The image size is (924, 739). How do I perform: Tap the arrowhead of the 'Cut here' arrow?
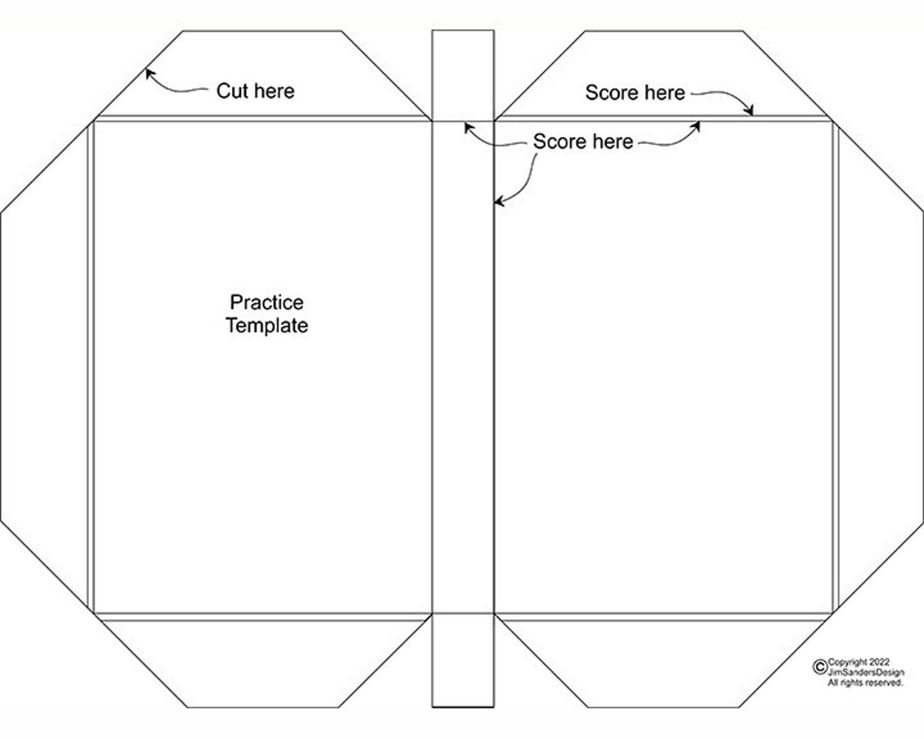(x=150, y=73)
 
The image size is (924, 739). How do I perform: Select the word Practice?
(x=266, y=303)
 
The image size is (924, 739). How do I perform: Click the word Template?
(x=266, y=325)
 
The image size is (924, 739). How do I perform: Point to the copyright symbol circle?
(x=820, y=667)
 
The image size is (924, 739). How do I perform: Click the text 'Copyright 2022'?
(x=859, y=662)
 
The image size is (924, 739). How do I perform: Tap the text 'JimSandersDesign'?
(x=866, y=672)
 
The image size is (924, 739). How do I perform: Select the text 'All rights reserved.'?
(x=865, y=683)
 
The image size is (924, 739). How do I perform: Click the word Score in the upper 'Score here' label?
(x=613, y=93)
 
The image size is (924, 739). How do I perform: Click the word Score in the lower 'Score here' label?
(x=560, y=142)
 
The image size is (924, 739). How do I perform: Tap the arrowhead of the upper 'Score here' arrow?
(x=749, y=111)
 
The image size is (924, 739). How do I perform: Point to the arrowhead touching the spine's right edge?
(x=499, y=201)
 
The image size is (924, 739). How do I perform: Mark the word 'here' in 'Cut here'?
(x=275, y=91)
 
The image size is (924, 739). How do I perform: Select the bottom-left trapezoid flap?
(x=263, y=663)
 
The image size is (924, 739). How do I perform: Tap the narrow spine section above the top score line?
(x=463, y=76)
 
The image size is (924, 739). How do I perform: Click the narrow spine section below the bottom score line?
(x=463, y=660)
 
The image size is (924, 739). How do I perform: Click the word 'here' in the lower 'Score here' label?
(x=613, y=142)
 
